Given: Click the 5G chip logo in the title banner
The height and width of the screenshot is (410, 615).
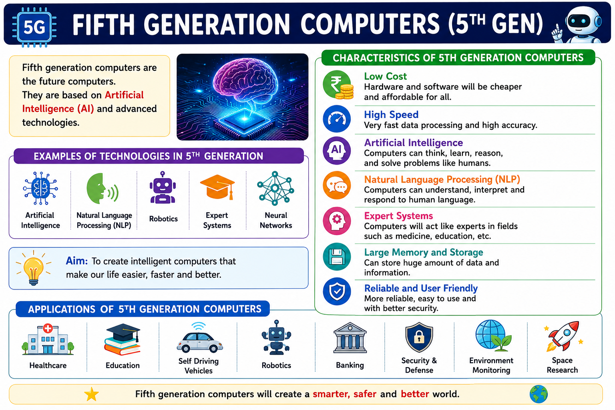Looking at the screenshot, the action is [34, 27].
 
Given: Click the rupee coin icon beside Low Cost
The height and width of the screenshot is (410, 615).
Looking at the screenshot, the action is [338, 85].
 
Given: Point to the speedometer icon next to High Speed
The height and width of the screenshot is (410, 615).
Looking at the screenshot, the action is [337, 119].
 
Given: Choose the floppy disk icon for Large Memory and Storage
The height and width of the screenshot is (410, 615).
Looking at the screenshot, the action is [337, 257].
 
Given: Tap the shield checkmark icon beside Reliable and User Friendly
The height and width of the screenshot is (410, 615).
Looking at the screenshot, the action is [337, 291].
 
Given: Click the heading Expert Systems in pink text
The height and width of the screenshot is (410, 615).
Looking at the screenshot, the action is [398, 216].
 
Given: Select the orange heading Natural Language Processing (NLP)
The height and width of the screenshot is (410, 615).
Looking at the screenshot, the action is [442, 179].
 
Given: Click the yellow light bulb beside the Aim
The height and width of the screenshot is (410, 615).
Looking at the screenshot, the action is [34, 268].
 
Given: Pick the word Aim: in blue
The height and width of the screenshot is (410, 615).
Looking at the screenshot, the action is [76, 261].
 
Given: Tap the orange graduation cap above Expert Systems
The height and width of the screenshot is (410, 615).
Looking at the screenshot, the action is [217, 187].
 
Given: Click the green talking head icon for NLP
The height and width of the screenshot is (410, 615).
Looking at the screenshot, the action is [102, 189].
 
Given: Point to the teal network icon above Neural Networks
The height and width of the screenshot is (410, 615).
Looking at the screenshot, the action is [275, 189].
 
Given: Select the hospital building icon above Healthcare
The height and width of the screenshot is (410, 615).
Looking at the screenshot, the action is [48, 340].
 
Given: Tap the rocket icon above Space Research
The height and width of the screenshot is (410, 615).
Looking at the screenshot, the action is [563, 336].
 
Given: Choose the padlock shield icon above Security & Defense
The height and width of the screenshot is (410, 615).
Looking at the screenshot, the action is [419, 337].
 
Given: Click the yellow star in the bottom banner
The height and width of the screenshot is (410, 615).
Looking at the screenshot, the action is [91, 394].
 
